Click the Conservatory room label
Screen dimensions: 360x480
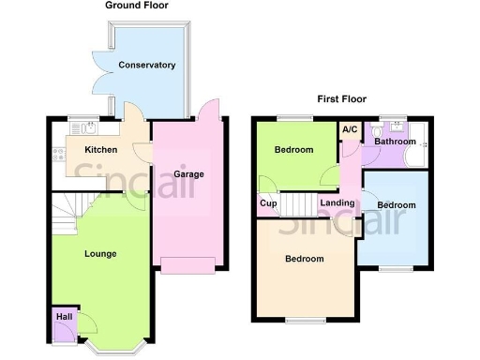pyautogui.click(x=147, y=65)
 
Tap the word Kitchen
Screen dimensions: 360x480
pyautogui.click(x=100, y=150)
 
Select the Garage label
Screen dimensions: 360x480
pyautogui.click(x=187, y=174)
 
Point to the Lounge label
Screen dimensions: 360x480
pyautogui.click(x=100, y=253)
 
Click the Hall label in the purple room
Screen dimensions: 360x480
pyautogui.click(x=64, y=318)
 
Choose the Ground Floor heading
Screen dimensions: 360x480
pyautogui.click(x=138, y=6)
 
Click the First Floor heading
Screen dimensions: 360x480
pyautogui.click(x=341, y=97)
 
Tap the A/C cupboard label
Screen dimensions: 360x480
pyautogui.click(x=350, y=129)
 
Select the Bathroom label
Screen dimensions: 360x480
pyautogui.click(x=395, y=142)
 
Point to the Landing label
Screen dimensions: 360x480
pyautogui.click(x=337, y=203)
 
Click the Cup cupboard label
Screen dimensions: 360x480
pyautogui.click(x=267, y=203)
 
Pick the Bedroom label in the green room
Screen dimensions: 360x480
pyautogui.click(x=293, y=150)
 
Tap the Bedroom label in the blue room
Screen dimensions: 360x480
pyautogui.click(x=396, y=204)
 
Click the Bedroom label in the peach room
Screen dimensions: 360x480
pyautogui.click(x=305, y=259)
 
